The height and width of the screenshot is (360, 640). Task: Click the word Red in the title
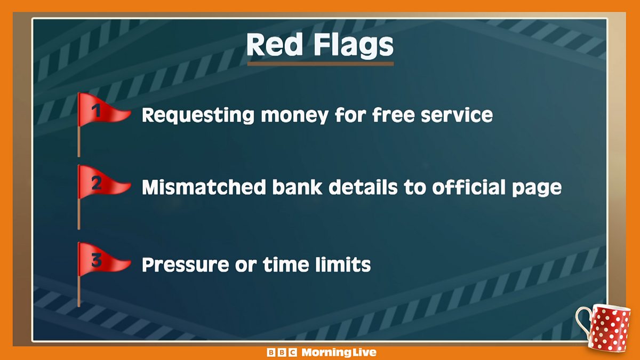[x=274, y=45]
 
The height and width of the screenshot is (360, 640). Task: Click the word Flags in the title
[x=354, y=46]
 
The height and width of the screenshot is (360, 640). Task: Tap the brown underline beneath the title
[x=321, y=64]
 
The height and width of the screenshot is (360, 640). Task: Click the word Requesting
[x=198, y=116]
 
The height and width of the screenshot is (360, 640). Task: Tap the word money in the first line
[x=294, y=116]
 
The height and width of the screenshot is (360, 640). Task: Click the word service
[x=457, y=115]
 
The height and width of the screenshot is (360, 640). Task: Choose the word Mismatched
[x=204, y=187]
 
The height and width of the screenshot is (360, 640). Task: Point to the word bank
[x=297, y=187]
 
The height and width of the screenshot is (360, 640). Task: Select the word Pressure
[x=185, y=265]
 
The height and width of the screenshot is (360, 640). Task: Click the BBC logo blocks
[x=282, y=353]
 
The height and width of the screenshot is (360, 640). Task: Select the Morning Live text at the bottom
[x=339, y=353]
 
